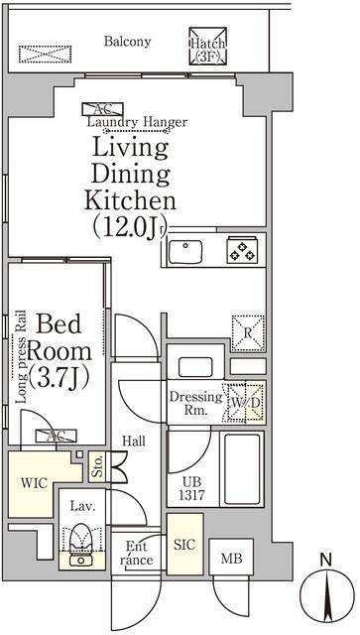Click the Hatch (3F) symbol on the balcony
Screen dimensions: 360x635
pos(208,46)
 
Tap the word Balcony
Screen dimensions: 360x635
pos(127,42)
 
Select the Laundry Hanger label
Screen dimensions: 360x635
pos(137,122)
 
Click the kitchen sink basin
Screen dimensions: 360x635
pos(185,252)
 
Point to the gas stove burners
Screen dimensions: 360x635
pos(241,249)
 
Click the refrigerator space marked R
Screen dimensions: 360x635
pos(248,333)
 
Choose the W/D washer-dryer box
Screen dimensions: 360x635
pos(246,402)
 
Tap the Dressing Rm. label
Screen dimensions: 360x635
pos(195,403)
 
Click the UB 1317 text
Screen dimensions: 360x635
pos(192,488)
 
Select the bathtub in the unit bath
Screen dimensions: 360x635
pos(242,468)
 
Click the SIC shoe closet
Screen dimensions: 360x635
pos(184,544)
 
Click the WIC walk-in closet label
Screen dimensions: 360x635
pos(34,483)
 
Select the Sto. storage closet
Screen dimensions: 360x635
pos(97,466)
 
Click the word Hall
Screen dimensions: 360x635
pos(134,441)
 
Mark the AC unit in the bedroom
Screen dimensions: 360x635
pos(56,436)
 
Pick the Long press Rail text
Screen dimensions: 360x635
pos(21,357)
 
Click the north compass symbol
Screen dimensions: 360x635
pos(325,595)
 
